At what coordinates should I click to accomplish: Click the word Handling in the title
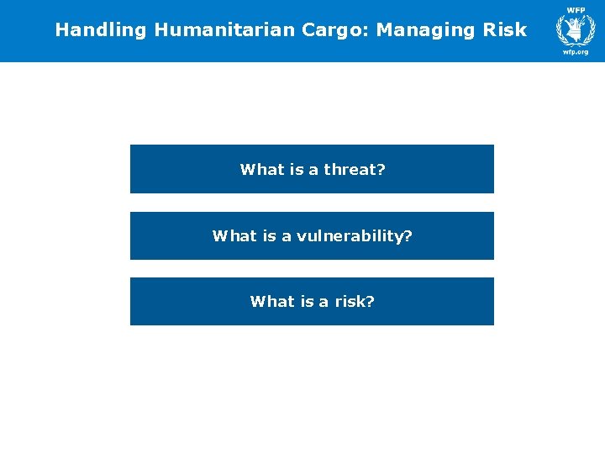pyautogui.click(x=101, y=30)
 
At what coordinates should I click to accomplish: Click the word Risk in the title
pyautogui.click(x=505, y=30)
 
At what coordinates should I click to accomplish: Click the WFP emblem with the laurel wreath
pyautogui.click(x=576, y=29)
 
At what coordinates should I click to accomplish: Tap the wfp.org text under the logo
pyautogui.click(x=576, y=51)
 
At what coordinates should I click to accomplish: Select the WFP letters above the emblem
pyautogui.click(x=576, y=9)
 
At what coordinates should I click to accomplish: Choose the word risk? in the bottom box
pyautogui.click(x=355, y=302)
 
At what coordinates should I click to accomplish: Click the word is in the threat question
pyautogui.click(x=297, y=170)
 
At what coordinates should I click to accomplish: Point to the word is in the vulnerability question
pyautogui.click(x=269, y=236)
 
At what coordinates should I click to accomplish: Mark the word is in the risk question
pyautogui.click(x=307, y=302)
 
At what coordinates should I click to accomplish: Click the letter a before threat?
pyautogui.click(x=314, y=170)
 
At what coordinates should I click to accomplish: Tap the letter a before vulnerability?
pyautogui.click(x=287, y=236)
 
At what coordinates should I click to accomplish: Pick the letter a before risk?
pyautogui.click(x=324, y=302)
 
